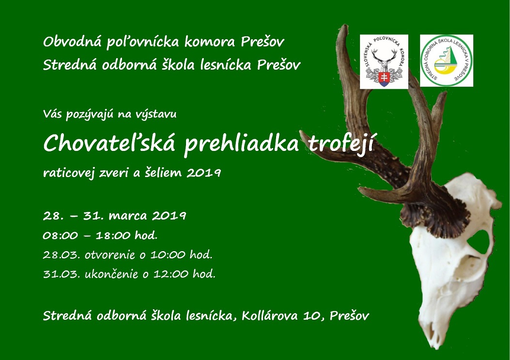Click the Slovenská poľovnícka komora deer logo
[x=384, y=61]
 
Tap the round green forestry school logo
[x=446, y=60]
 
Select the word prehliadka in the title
[x=241, y=145]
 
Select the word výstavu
[x=156, y=114]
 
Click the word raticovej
[x=69, y=173]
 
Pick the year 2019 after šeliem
[x=204, y=173]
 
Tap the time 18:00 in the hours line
[x=108, y=235]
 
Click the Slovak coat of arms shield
[x=384, y=79]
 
